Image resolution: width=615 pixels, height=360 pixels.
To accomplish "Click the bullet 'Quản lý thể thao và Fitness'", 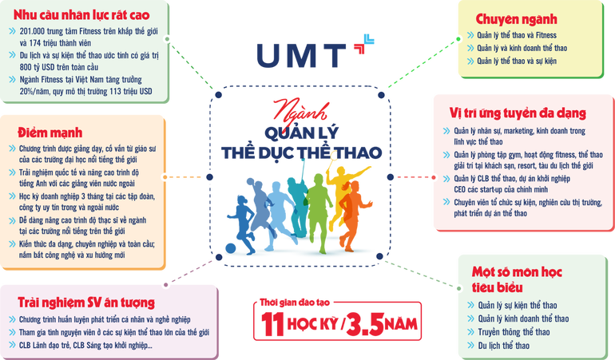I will coord(522,36).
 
